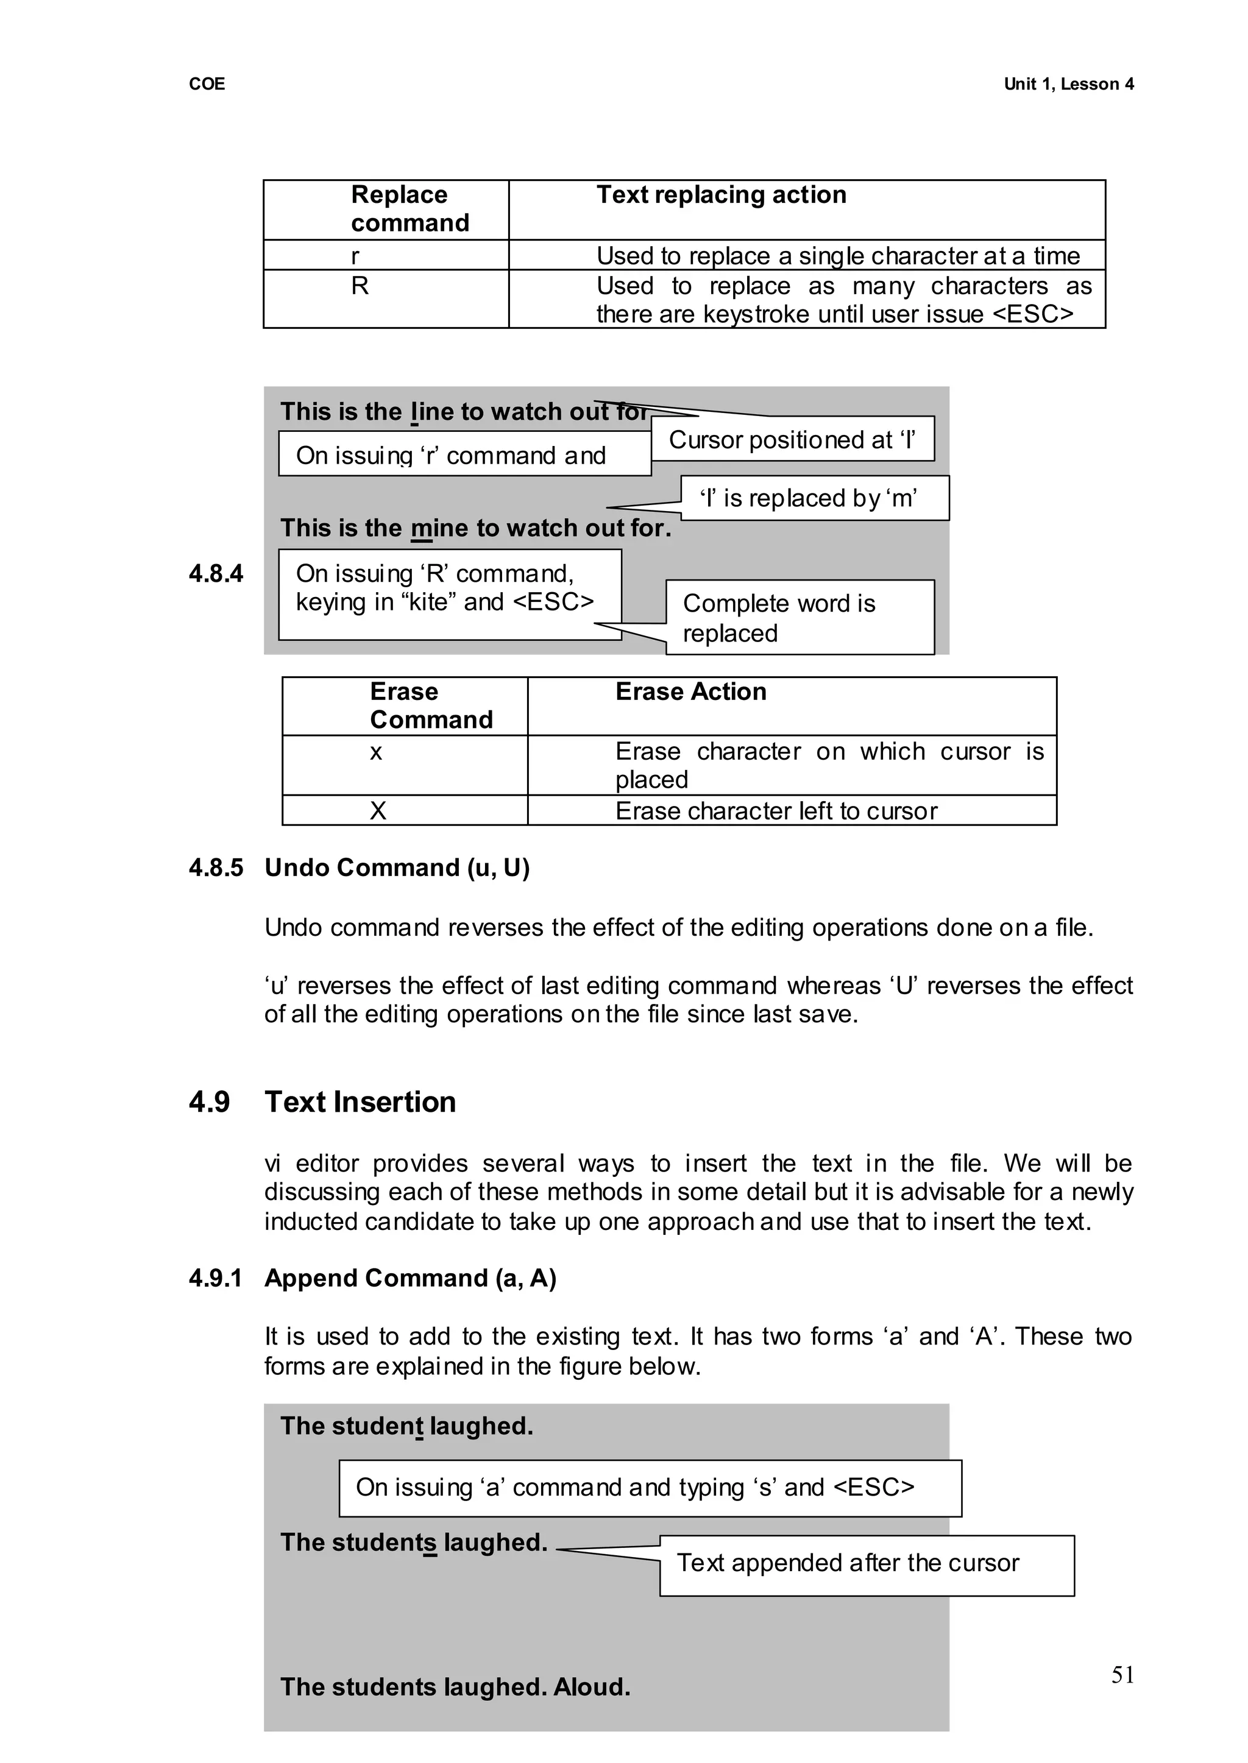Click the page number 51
(x=1122, y=1675)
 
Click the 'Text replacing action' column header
(x=721, y=195)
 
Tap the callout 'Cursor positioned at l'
(x=792, y=439)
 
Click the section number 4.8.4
(x=216, y=574)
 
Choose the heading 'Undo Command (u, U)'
(x=397, y=868)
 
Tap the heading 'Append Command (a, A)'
(x=410, y=1277)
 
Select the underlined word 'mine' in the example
(x=438, y=529)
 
